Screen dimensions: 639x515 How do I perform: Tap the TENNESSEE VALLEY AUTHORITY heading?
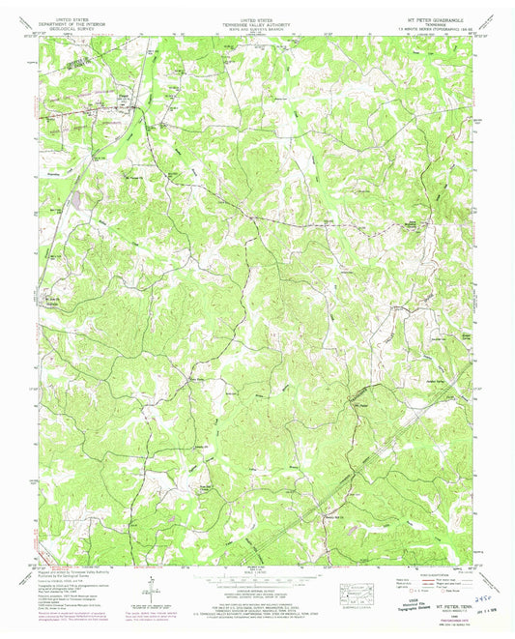point(256,22)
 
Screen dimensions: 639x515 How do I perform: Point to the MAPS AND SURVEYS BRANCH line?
point(256,27)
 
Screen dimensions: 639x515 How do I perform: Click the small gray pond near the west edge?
point(75,200)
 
